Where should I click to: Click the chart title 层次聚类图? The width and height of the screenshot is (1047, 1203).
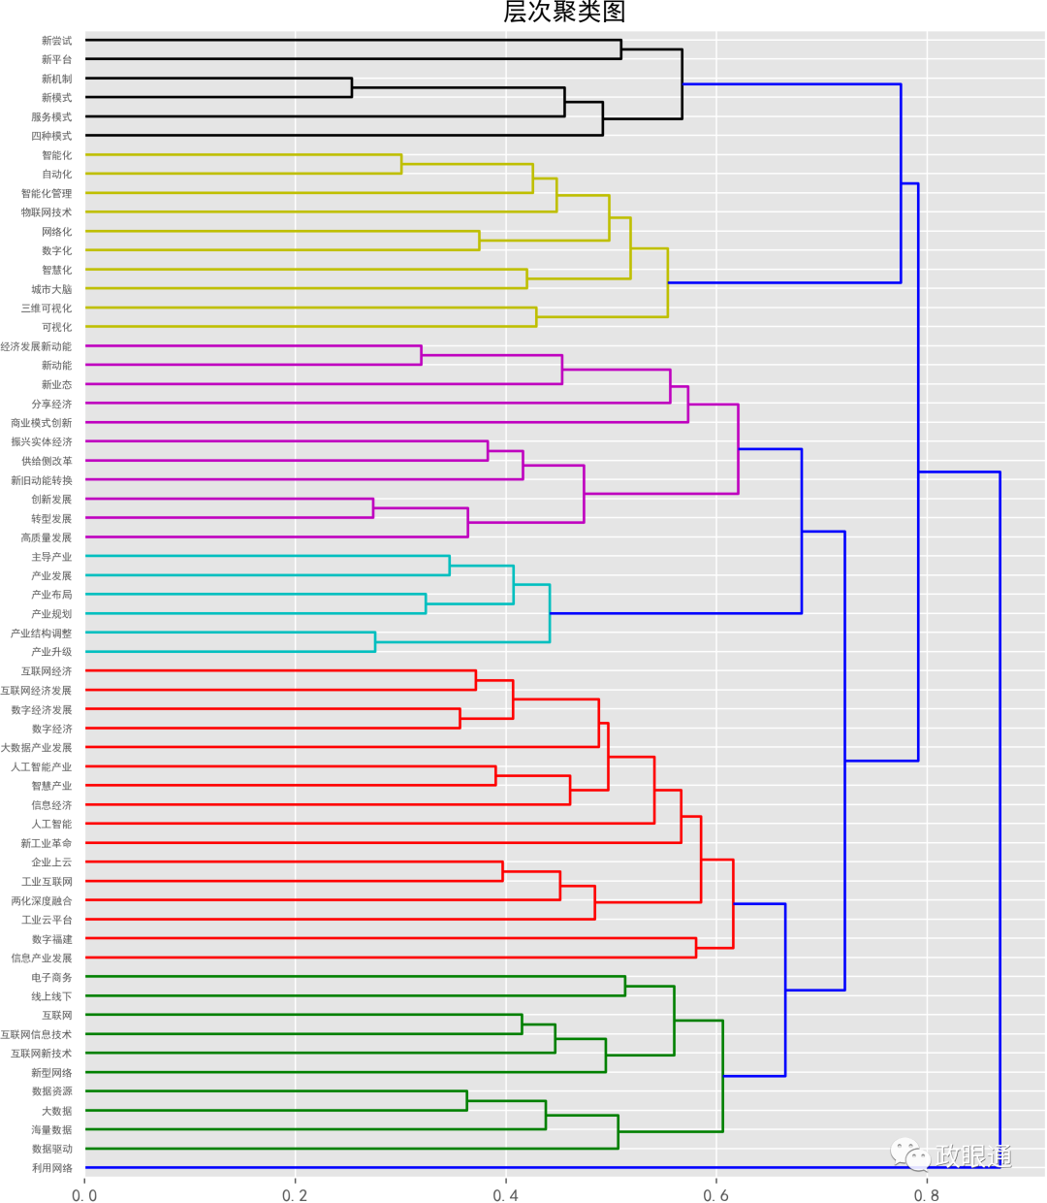click(x=564, y=12)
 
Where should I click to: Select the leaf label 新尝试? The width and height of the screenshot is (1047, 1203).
click(x=56, y=41)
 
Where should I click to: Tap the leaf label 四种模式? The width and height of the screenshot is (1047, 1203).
click(x=51, y=136)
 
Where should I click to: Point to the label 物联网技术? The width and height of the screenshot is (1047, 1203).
click(x=47, y=212)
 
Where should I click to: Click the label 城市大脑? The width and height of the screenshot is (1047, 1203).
click(x=51, y=289)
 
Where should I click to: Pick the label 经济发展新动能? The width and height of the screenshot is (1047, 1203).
click(x=36, y=346)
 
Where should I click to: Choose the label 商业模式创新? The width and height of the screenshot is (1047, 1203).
click(x=41, y=423)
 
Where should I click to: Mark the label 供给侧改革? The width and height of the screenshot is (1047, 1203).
click(x=47, y=461)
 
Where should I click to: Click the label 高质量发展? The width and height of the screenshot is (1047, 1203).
click(x=47, y=537)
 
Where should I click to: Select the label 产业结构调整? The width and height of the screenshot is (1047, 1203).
click(x=41, y=634)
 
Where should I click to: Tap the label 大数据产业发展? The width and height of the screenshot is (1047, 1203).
click(x=36, y=748)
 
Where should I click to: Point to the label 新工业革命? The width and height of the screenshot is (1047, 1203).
click(x=47, y=843)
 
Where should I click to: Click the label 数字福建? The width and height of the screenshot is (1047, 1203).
click(x=51, y=939)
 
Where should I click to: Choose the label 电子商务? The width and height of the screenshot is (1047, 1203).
click(x=51, y=977)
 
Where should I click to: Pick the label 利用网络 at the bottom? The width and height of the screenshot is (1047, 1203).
click(x=51, y=1168)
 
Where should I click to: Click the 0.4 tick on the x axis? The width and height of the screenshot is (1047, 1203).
click(x=505, y=1195)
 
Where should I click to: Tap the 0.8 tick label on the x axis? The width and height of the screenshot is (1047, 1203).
click(x=926, y=1195)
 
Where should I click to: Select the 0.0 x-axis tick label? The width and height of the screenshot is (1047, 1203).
click(x=84, y=1195)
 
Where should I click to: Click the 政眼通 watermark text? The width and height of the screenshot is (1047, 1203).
click(x=974, y=1155)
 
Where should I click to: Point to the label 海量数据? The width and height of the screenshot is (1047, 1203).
click(x=51, y=1130)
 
